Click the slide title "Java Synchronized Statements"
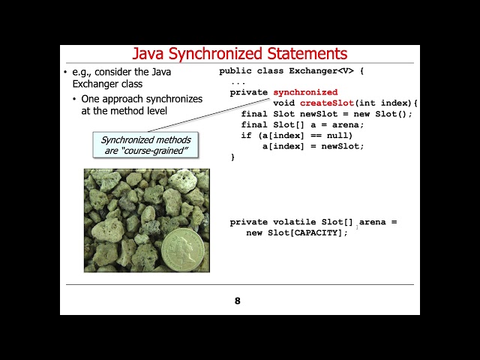239,54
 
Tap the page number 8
238,301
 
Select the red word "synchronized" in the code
305,92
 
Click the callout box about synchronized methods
146,145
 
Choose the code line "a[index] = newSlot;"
313,145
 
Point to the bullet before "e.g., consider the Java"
65,72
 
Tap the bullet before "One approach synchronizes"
75,99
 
